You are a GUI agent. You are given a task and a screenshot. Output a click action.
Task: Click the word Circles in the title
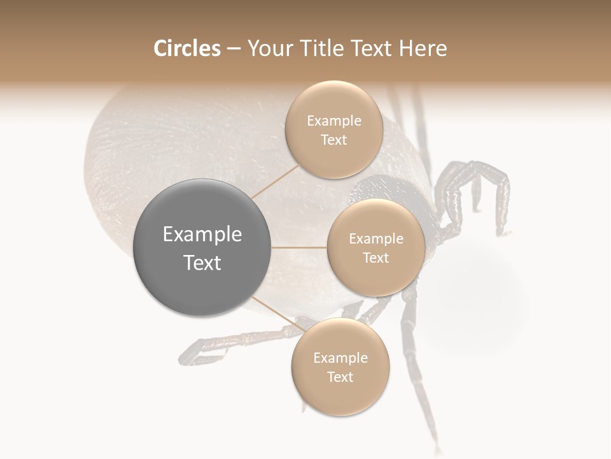pyautogui.click(x=186, y=48)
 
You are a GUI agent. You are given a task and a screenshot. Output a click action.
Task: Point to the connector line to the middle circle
pyautogui.click(x=299, y=247)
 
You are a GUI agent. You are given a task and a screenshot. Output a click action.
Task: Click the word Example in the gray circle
pyautogui.click(x=202, y=235)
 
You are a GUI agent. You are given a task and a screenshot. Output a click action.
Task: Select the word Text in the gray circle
pyautogui.click(x=202, y=263)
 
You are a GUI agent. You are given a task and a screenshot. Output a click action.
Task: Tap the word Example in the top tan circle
pyautogui.click(x=334, y=121)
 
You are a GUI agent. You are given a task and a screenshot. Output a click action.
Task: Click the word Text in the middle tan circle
pyautogui.click(x=376, y=258)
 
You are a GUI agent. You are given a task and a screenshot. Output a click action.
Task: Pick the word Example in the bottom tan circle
pyautogui.click(x=340, y=358)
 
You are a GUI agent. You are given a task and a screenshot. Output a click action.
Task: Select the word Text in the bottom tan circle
pyautogui.click(x=340, y=377)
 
